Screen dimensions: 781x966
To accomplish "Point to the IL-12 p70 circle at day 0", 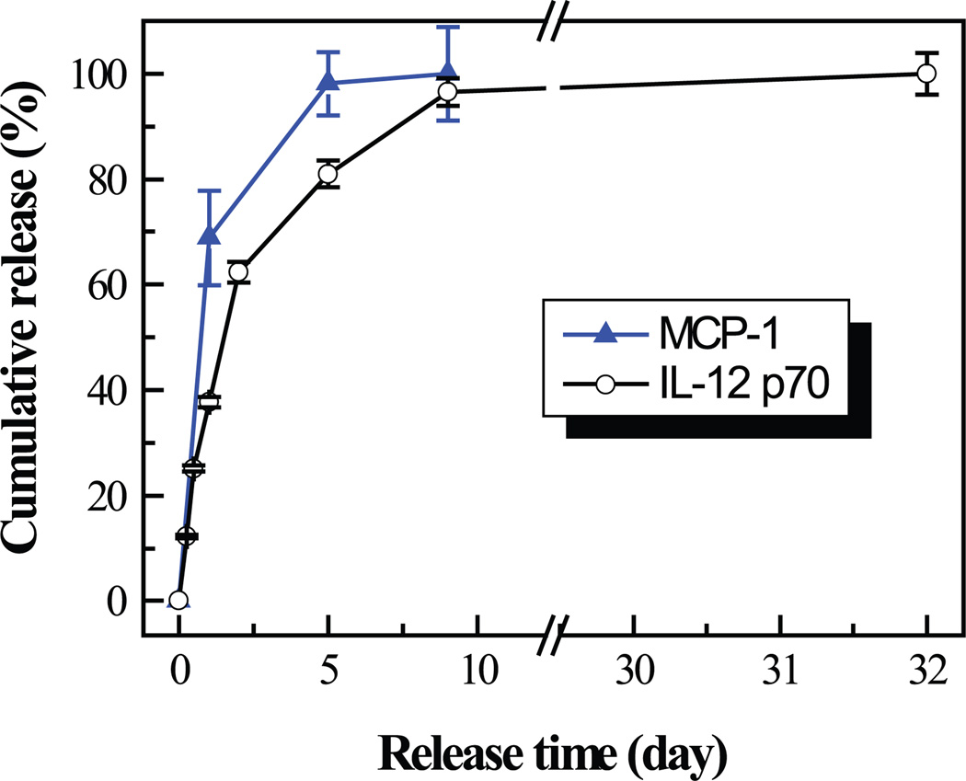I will [178, 601].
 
